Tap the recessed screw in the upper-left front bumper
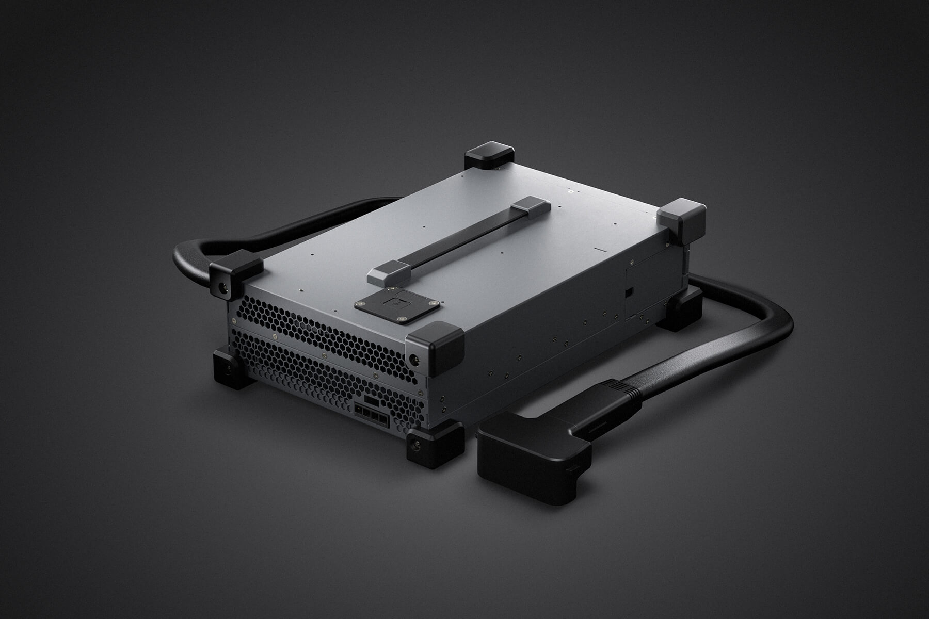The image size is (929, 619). (x=223, y=288)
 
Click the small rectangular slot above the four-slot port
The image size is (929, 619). (x=372, y=400)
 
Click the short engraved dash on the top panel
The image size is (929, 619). (x=600, y=250)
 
